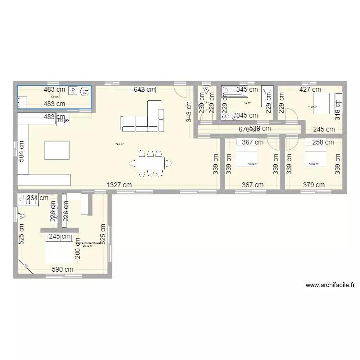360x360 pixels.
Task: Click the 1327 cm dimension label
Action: [119, 185]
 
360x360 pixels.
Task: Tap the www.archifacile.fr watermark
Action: [330, 285]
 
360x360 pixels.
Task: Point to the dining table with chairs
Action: [150, 163]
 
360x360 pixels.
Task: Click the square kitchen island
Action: [57, 150]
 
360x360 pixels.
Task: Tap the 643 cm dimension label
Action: [144, 89]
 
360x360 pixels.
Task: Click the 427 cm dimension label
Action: [310, 89]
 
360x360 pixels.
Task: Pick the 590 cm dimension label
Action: [62, 269]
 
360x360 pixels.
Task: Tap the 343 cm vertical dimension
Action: [189, 111]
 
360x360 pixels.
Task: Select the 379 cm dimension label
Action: [314, 185]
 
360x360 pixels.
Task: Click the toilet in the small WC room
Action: [206, 90]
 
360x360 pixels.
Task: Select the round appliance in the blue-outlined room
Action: [84, 90]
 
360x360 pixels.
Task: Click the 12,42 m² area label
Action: [252, 164]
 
